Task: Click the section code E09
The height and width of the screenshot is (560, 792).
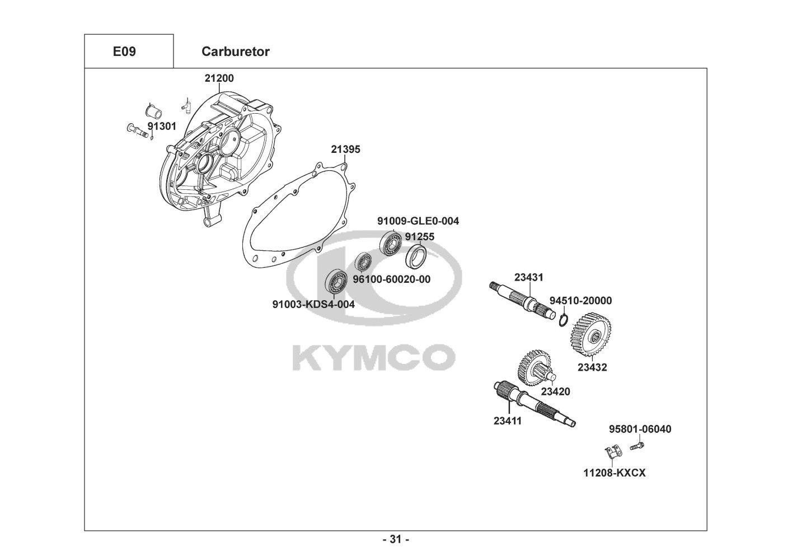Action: (124, 52)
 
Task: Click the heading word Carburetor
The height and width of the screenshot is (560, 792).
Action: (235, 52)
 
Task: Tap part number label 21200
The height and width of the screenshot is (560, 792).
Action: (219, 78)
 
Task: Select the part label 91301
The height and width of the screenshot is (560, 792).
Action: (162, 126)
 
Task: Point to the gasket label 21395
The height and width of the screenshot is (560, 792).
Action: (345, 150)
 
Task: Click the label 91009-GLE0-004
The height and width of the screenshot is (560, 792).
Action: (418, 221)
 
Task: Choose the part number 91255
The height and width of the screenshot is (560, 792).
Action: (419, 237)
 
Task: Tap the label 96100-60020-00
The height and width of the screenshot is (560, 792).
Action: (391, 279)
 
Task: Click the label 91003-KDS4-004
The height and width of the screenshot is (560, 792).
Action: (313, 304)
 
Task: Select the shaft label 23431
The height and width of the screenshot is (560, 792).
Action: (528, 277)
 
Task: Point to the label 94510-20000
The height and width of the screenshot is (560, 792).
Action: (580, 301)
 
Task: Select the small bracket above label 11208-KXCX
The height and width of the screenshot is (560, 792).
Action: (613, 451)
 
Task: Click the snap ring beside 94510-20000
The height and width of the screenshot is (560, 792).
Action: (565, 320)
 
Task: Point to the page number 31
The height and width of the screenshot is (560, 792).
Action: (396, 540)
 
